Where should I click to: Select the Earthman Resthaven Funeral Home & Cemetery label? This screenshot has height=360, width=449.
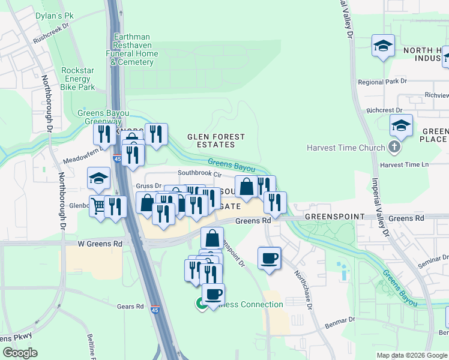(136, 49)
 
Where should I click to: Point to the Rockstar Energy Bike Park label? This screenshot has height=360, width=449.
(78, 79)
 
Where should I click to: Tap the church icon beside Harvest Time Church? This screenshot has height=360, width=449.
(393, 148)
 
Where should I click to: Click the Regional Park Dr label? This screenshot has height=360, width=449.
(382, 82)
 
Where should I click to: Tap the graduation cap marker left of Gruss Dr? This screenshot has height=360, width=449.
(99, 178)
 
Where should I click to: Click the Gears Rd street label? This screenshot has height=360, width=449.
(131, 306)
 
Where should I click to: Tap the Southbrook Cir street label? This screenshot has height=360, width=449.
(200, 174)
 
